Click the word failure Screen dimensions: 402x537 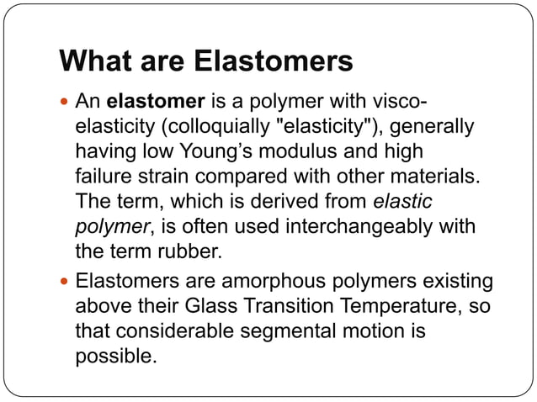pyautogui.click(x=102, y=177)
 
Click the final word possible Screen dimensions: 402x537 pyautogui.click(x=116, y=357)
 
